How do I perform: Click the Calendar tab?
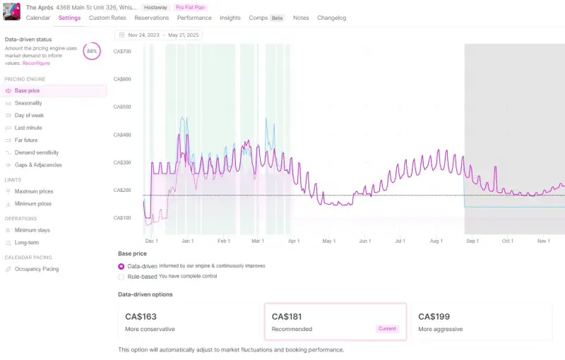pos(37,18)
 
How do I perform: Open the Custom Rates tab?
pos(107,18)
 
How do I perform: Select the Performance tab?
pos(194,18)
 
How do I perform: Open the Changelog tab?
pos(331,18)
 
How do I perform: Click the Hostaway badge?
pos(155,7)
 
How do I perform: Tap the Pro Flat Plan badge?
pos(190,7)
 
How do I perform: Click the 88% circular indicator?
pos(91,52)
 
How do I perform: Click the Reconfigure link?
pos(36,63)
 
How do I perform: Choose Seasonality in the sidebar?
pos(28,103)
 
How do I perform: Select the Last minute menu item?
pos(28,128)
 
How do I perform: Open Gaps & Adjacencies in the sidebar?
pos(38,165)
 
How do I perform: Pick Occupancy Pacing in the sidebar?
pos(37,269)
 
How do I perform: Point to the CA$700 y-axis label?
pos(122,52)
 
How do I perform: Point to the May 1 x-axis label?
pos(328,241)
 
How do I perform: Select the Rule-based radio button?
pos(121,277)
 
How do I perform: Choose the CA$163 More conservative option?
pos(188,322)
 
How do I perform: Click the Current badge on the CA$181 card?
pos(387,329)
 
